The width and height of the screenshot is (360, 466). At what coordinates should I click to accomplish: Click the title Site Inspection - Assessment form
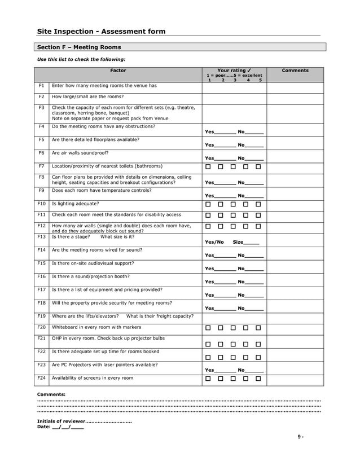click(x=101, y=32)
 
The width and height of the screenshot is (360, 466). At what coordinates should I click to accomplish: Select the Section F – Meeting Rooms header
click(x=79, y=47)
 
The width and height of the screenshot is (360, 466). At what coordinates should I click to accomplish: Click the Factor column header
click(x=118, y=71)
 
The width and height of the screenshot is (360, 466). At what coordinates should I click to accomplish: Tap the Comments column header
click(x=295, y=71)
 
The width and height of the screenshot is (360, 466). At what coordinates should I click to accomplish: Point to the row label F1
click(x=41, y=86)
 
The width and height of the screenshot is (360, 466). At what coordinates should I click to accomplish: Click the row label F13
click(x=41, y=237)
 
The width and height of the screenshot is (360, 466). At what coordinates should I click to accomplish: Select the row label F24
click(x=41, y=378)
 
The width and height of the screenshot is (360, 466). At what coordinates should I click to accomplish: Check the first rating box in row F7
click(x=208, y=166)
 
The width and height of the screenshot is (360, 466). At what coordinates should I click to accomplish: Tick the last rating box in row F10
click(x=258, y=204)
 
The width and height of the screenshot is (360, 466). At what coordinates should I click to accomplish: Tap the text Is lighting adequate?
click(x=75, y=203)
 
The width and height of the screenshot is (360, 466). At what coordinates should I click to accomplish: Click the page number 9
click(x=301, y=437)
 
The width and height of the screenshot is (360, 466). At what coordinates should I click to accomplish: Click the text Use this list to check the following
click(x=81, y=59)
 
